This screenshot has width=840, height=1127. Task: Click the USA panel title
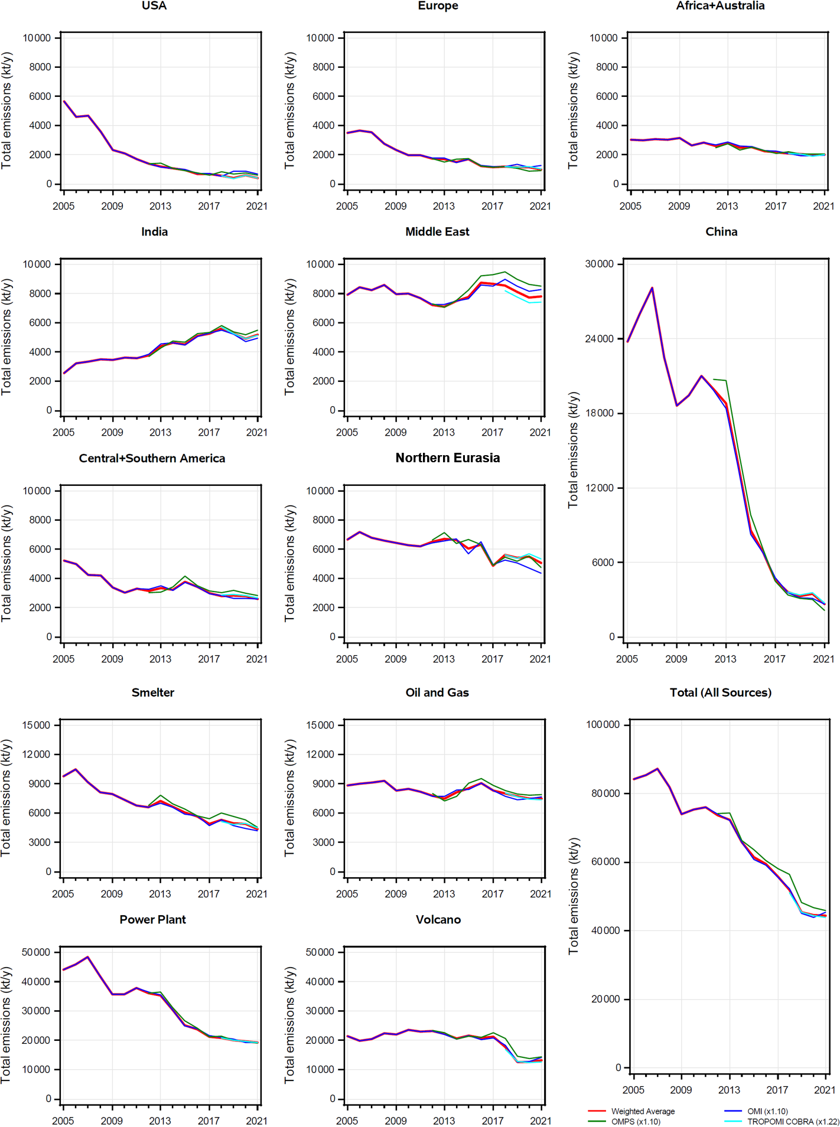click(154, 6)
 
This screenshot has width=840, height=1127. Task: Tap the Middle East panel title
click(437, 232)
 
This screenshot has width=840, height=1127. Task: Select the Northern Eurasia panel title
click(447, 458)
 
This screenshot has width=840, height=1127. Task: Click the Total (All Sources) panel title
click(720, 692)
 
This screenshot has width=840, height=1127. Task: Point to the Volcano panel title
click(438, 919)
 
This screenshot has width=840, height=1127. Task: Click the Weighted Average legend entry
click(642, 1111)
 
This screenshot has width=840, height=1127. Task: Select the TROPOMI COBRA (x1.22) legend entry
click(793, 1121)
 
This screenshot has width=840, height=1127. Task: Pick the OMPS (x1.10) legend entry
click(635, 1121)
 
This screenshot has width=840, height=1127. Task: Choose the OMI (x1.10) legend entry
click(767, 1111)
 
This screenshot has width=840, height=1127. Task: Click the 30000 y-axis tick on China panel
click(599, 264)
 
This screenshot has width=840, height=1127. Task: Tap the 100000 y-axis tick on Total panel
click(603, 724)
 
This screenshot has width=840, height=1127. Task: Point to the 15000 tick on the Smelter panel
click(35, 725)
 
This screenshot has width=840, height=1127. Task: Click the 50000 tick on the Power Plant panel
click(35, 952)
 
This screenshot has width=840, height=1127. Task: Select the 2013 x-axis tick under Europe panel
click(444, 206)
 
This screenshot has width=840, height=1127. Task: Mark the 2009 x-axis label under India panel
click(112, 432)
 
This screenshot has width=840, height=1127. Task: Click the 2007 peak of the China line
click(652, 288)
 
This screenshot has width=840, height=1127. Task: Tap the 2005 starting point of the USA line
click(64, 101)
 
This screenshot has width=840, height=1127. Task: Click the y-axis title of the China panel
click(573, 449)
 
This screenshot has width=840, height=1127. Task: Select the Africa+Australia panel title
click(720, 6)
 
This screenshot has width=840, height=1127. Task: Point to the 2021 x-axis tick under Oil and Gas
click(541, 894)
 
